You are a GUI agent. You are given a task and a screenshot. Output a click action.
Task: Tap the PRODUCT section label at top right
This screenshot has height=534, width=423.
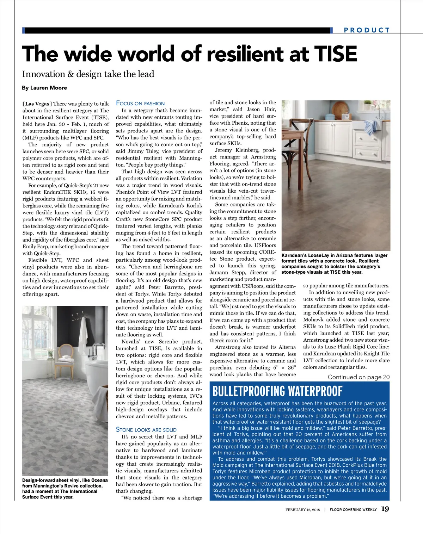tap(367, 30)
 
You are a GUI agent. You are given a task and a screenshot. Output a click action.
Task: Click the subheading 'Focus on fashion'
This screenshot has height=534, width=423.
tap(140, 103)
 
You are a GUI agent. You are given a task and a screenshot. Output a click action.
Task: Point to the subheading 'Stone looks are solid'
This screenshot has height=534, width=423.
tap(146, 429)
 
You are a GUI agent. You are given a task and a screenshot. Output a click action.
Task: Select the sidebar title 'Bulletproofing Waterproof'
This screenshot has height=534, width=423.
tap(277, 391)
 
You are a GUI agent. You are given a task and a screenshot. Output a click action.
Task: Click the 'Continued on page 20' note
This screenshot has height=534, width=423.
tap(358, 377)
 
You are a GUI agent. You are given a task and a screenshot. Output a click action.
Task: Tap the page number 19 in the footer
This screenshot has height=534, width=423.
tap(385, 509)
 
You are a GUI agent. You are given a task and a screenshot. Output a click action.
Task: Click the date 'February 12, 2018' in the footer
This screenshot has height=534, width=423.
tap(302, 509)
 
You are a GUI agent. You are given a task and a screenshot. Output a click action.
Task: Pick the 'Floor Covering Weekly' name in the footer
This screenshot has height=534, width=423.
tap(353, 509)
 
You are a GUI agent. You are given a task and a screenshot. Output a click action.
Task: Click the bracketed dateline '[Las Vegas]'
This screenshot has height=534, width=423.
tap(37, 104)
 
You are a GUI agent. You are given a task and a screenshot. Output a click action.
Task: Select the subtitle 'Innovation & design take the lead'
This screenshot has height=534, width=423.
tap(88, 74)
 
